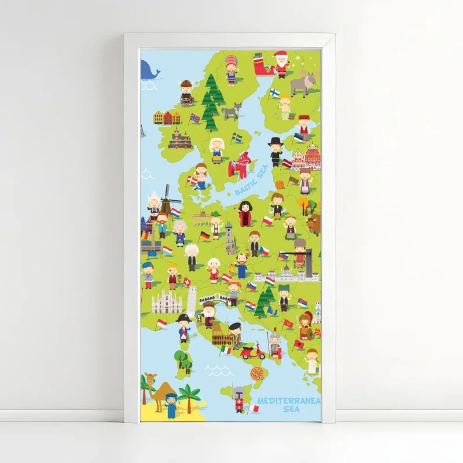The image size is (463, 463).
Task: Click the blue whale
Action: click(x=149, y=71)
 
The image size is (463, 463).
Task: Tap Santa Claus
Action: click(x=281, y=64)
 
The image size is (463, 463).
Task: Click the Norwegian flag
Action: click(x=195, y=118)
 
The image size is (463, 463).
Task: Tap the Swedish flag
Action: click(x=237, y=137)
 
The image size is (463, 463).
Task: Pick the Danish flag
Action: click(x=192, y=180)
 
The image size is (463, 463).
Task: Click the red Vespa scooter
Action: click(x=252, y=351)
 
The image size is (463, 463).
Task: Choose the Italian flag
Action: click(x=226, y=350)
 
